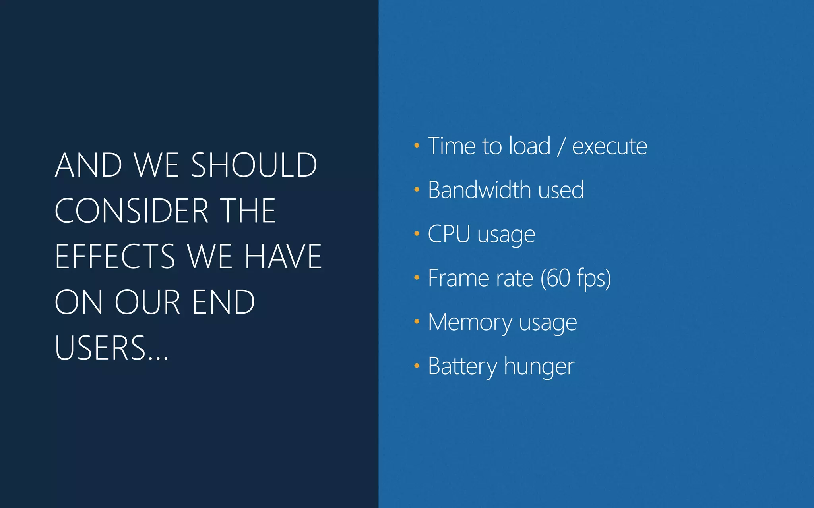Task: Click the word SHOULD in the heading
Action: pyautogui.click(x=254, y=165)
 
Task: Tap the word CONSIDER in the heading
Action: pyautogui.click(x=132, y=211)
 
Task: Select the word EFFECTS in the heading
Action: pyautogui.click(x=115, y=256)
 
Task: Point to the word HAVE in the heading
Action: pyautogui.click(x=283, y=256)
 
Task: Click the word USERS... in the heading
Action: pyautogui.click(x=112, y=348)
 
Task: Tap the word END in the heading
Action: pyautogui.click(x=223, y=302)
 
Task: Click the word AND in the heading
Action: pyautogui.click(x=89, y=165)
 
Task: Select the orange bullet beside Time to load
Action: pyautogui.click(x=417, y=146)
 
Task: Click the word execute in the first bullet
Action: pyautogui.click(x=610, y=146)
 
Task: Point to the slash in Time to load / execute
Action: pyautogui.click(x=561, y=146)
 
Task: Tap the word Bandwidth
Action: pyautogui.click(x=479, y=190)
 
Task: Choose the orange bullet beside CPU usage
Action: pyautogui.click(x=417, y=234)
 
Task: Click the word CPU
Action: pyautogui.click(x=449, y=234)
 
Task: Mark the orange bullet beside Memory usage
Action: pyautogui.click(x=417, y=321)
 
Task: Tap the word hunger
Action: pyautogui.click(x=539, y=367)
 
